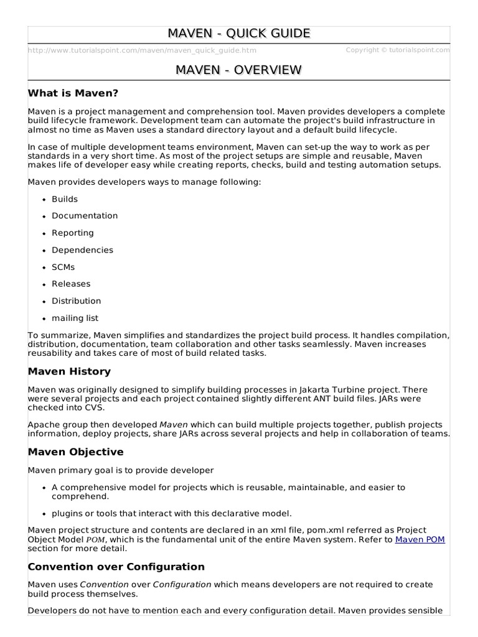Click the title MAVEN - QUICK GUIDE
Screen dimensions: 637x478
pos(239,34)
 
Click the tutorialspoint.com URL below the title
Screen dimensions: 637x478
pos(142,50)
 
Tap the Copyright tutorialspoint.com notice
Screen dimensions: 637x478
pos(397,50)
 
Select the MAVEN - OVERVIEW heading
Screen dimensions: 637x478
pos(239,70)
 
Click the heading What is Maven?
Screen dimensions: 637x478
pos(73,93)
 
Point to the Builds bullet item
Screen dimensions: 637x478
pos(65,199)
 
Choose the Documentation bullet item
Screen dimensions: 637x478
pos(85,216)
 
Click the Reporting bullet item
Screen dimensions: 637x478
pos(73,233)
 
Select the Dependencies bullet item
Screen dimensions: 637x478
pos(82,250)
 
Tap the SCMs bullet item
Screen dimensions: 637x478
pos(63,267)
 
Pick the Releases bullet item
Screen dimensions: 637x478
pos(71,284)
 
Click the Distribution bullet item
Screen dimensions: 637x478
pos(76,300)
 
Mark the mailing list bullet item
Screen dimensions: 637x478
pos(75,318)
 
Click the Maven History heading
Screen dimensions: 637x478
pos(69,371)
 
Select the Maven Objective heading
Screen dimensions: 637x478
pos(76,452)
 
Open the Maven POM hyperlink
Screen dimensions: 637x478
pos(420,539)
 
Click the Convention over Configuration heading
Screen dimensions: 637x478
pos(116,567)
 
